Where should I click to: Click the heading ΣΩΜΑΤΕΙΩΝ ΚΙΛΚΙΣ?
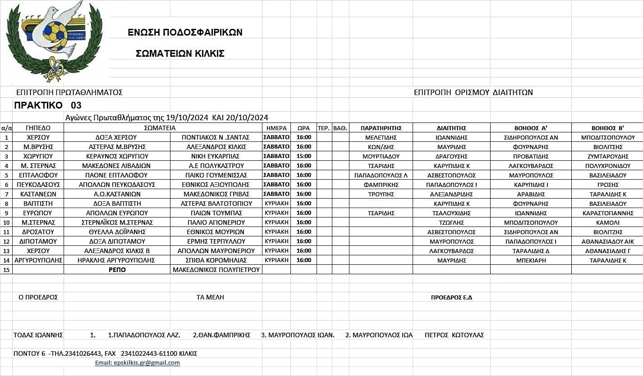(x=180, y=54)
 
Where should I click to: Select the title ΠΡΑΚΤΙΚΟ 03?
(x=48, y=106)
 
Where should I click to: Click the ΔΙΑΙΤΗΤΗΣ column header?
(x=451, y=128)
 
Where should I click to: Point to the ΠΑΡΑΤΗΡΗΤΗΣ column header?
(x=381, y=128)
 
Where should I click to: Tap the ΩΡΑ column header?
(x=303, y=128)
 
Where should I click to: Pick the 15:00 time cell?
(x=303, y=156)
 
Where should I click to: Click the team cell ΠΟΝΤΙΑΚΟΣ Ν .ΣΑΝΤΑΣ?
(x=216, y=137)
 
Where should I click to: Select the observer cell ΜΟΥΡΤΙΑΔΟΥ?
(x=381, y=156)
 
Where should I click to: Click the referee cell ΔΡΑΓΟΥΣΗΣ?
(x=451, y=156)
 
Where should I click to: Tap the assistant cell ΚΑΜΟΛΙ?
(x=607, y=222)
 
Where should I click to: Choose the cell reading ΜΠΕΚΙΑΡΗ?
(x=531, y=260)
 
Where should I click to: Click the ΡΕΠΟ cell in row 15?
(x=117, y=270)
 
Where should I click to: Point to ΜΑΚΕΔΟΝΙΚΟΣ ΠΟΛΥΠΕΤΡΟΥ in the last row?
(x=216, y=270)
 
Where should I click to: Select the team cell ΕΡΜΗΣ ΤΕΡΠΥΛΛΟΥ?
(x=216, y=241)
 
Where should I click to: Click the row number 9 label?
(x=6, y=213)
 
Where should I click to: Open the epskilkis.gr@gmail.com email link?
(x=137, y=363)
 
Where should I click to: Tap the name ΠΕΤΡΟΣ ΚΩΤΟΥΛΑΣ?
(x=454, y=335)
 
